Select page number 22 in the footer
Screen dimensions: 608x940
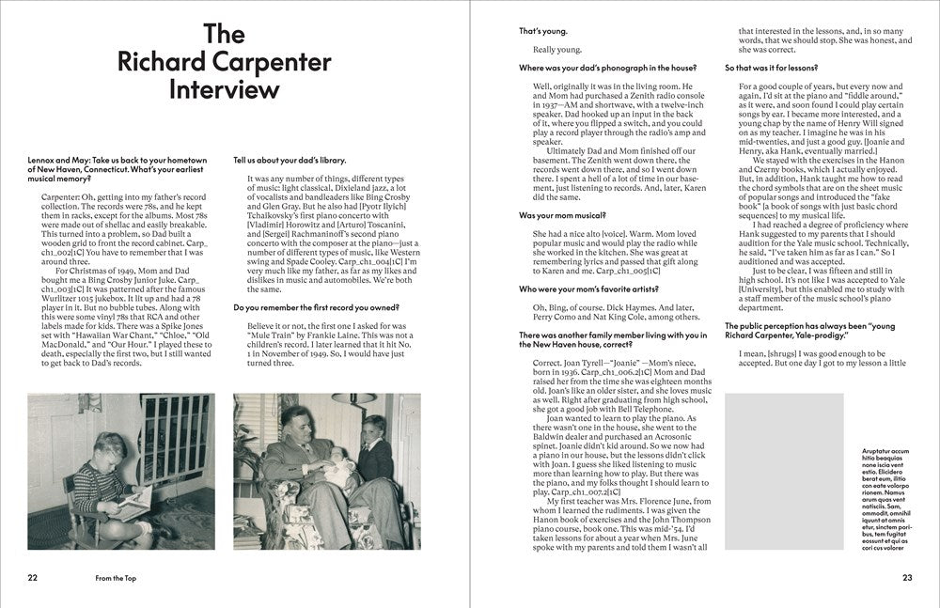tap(34, 577)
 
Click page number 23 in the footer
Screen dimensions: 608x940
tap(906, 577)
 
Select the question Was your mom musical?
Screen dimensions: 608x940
tap(561, 215)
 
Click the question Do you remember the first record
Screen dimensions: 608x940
tap(307, 306)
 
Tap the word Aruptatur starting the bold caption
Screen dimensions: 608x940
tap(879, 451)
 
